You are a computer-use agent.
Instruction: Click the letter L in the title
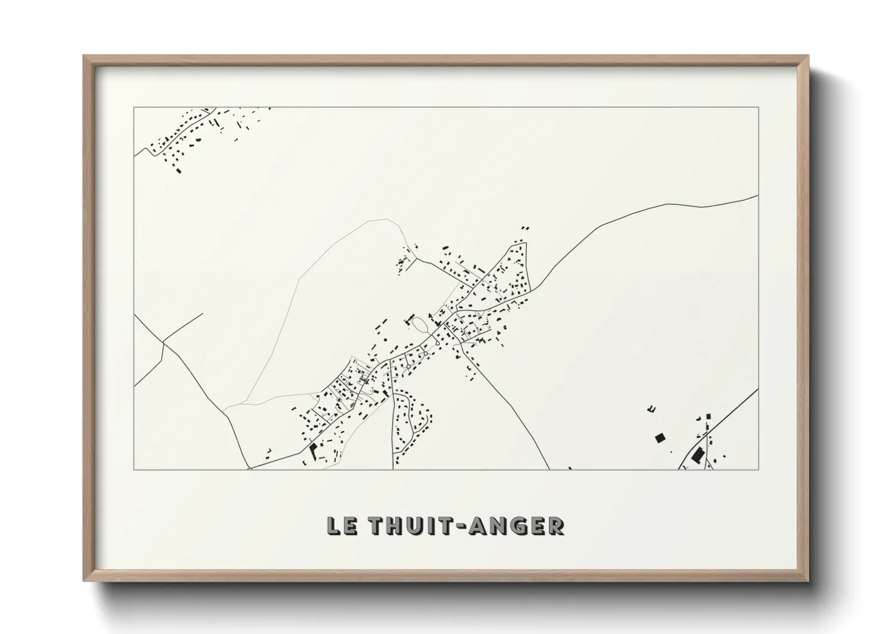[x=333, y=526]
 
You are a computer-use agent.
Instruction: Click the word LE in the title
[x=342, y=526]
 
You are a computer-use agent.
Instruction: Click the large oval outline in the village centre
[x=420, y=325]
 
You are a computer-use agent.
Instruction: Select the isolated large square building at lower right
[x=660, y=438]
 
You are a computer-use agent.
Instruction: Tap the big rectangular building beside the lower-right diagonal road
[x=696, y=456]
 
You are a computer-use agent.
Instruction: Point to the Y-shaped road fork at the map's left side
[x=163, y=342]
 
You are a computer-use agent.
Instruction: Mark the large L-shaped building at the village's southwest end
[x=312, y=449]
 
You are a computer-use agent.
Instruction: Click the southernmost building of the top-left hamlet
[x=178, y=170]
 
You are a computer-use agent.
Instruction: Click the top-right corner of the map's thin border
[x=758, y=107]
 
